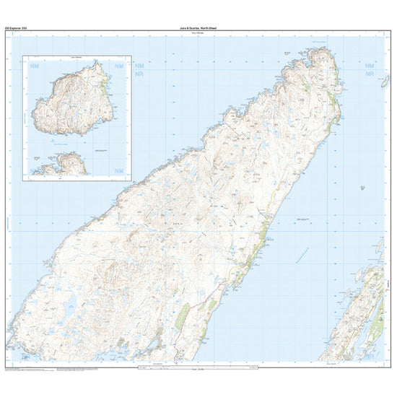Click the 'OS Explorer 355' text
[14, 27]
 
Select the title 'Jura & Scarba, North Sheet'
[199, 27]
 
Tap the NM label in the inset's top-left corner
[35, 66]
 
